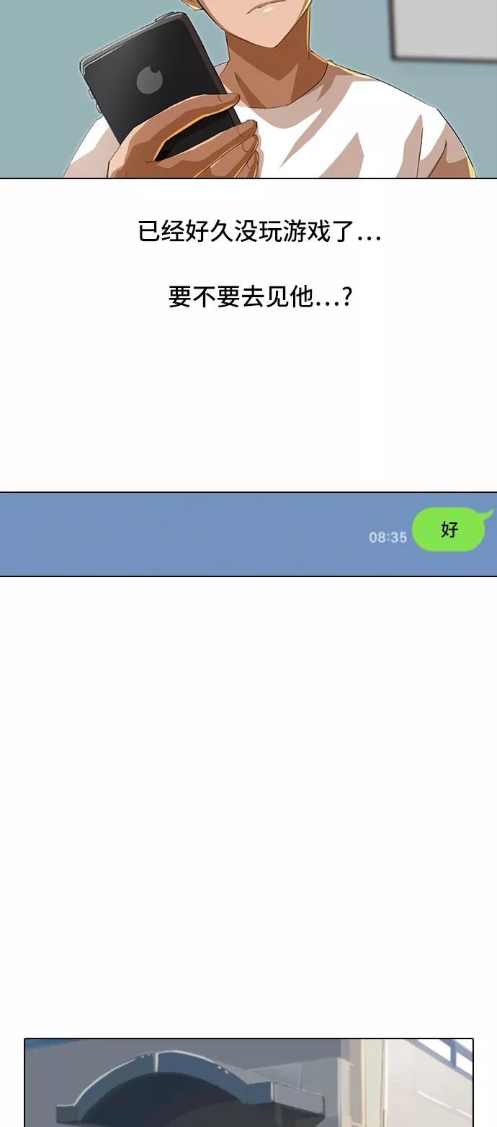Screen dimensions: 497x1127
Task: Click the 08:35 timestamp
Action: pos(388,538)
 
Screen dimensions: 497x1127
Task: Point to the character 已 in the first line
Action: pos(150,232)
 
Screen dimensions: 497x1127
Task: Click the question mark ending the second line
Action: pos(346,297)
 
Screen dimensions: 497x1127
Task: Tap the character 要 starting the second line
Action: pos(180,297)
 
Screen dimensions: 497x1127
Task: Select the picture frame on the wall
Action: pos(443,30)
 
